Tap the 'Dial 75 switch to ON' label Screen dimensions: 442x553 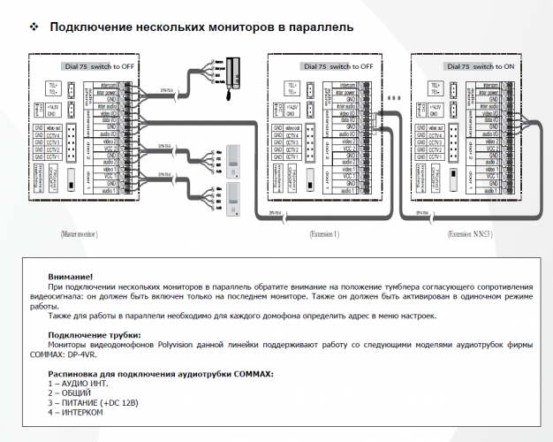pos(481,66)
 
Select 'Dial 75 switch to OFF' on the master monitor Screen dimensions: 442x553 pos(99,66)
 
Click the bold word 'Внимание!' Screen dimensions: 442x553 pos(72,277)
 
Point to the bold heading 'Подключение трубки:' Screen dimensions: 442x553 pos(95,335)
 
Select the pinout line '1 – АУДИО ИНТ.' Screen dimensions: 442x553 pos(88,385)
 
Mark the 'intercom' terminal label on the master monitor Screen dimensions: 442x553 pos(105,87)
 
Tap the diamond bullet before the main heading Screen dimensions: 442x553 pos(34,27)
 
